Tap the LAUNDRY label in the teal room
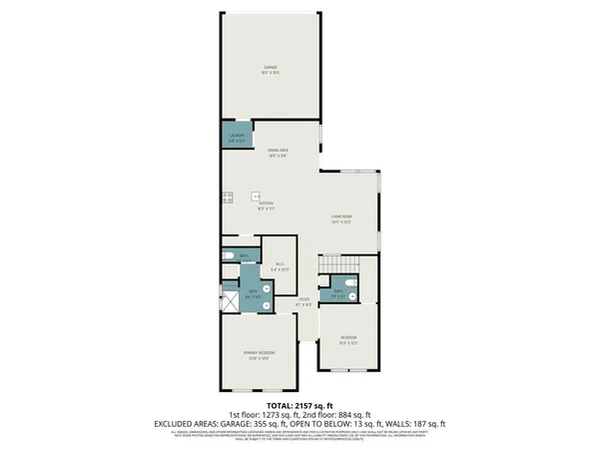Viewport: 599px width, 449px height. click(237, 137)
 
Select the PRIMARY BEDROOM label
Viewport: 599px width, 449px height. click(260, 356)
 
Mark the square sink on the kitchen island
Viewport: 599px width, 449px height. click(256, 197)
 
